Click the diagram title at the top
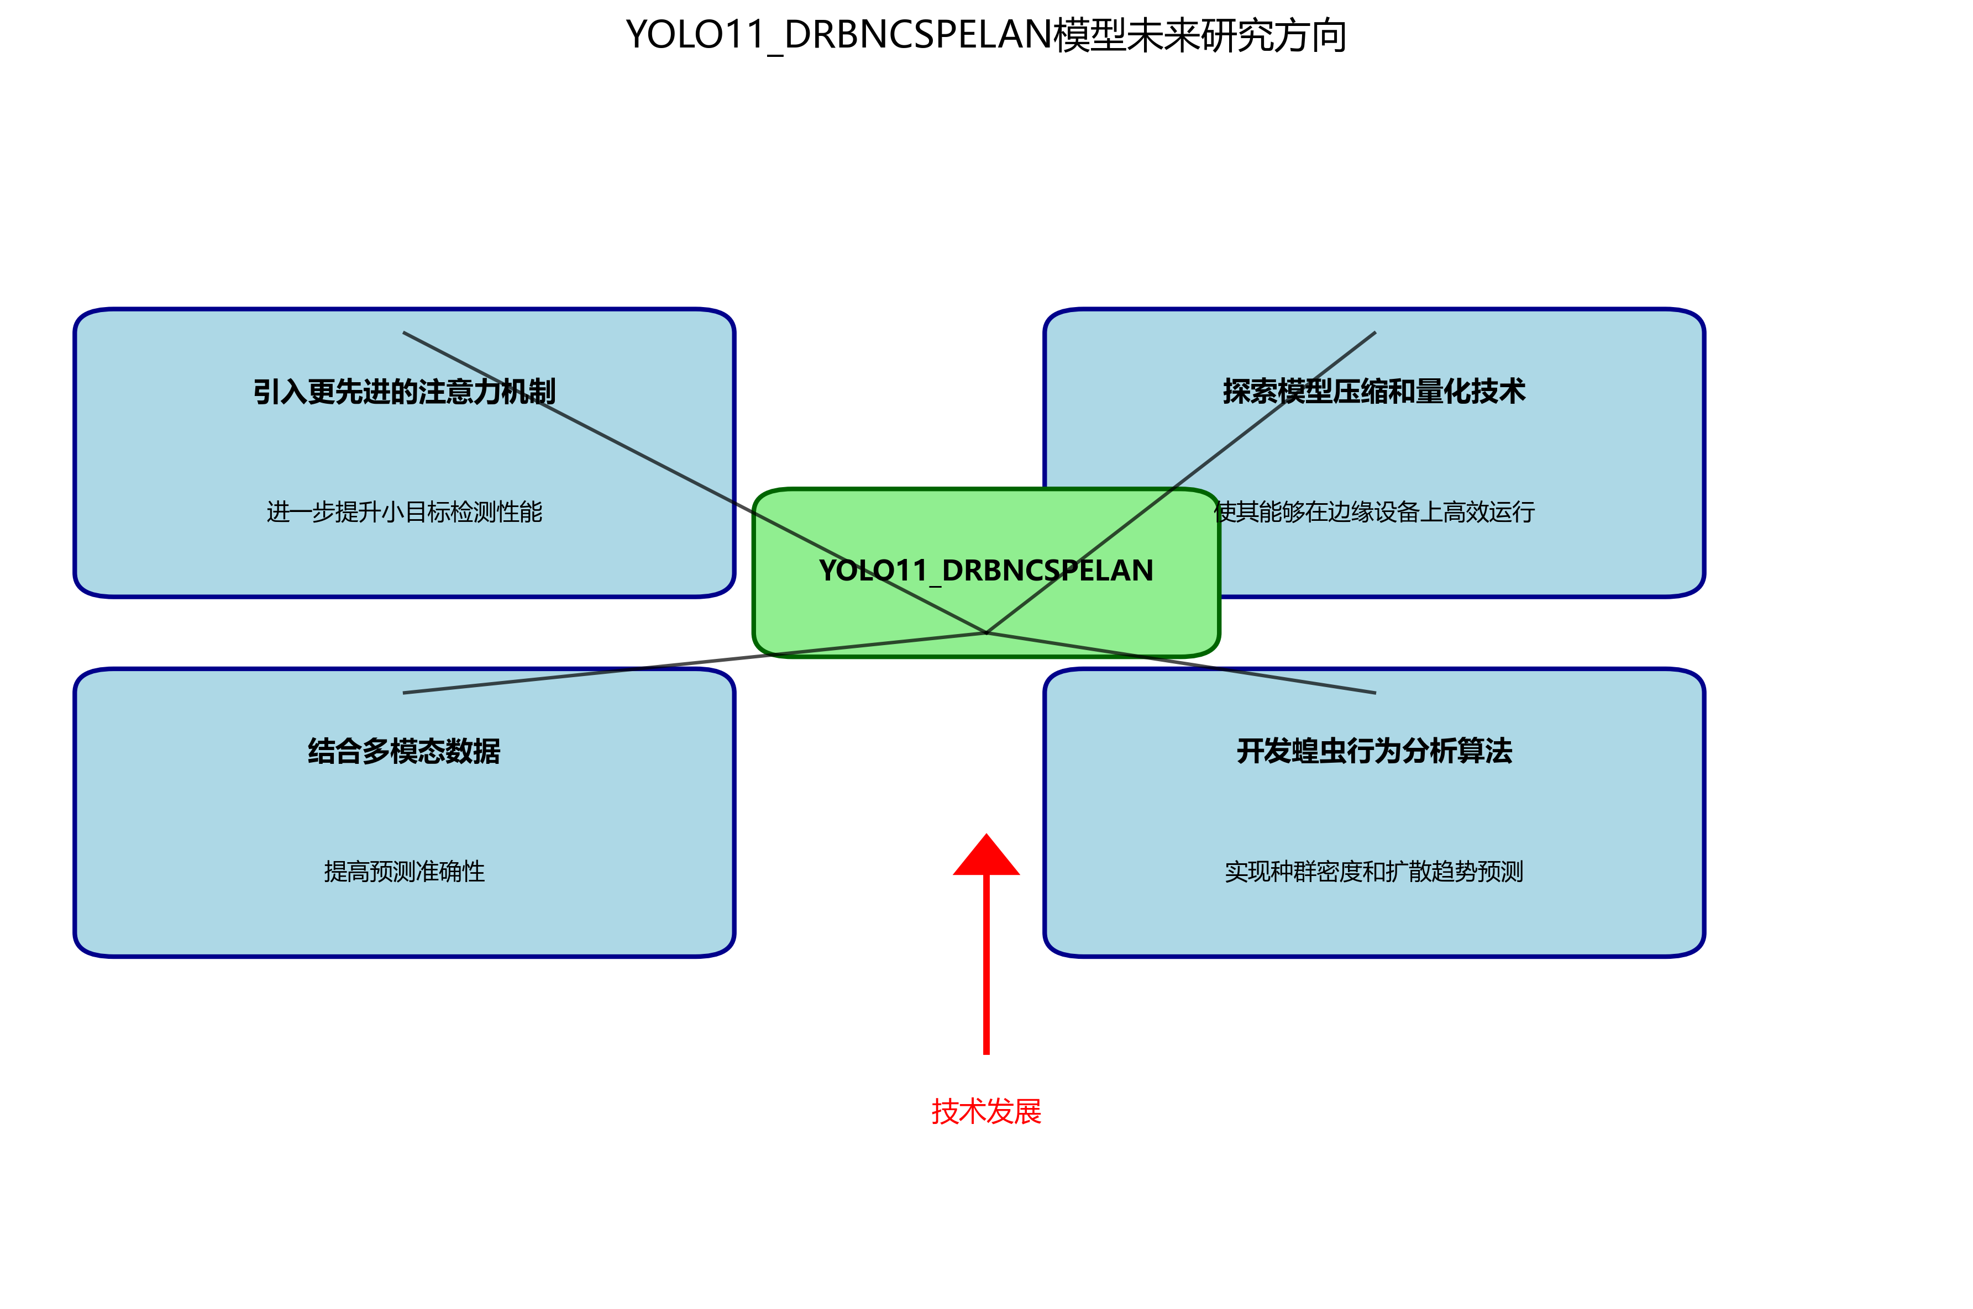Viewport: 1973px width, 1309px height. click(985, 35)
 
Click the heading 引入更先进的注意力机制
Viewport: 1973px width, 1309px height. click(405, 392)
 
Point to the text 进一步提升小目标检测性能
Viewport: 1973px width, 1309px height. click(405, 512)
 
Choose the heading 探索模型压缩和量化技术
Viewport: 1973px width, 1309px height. click(1373, 392)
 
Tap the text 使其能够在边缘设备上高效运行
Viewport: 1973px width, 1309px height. click(1374, 512)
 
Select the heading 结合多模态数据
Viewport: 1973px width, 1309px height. click(405, 751)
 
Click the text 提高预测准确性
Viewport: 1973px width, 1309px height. click(405, 872)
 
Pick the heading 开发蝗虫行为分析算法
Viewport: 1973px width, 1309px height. click(1373, 751)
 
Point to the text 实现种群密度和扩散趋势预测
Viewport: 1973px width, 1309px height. click(1373, 872)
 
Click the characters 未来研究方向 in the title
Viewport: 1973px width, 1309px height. click(1236, 35)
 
